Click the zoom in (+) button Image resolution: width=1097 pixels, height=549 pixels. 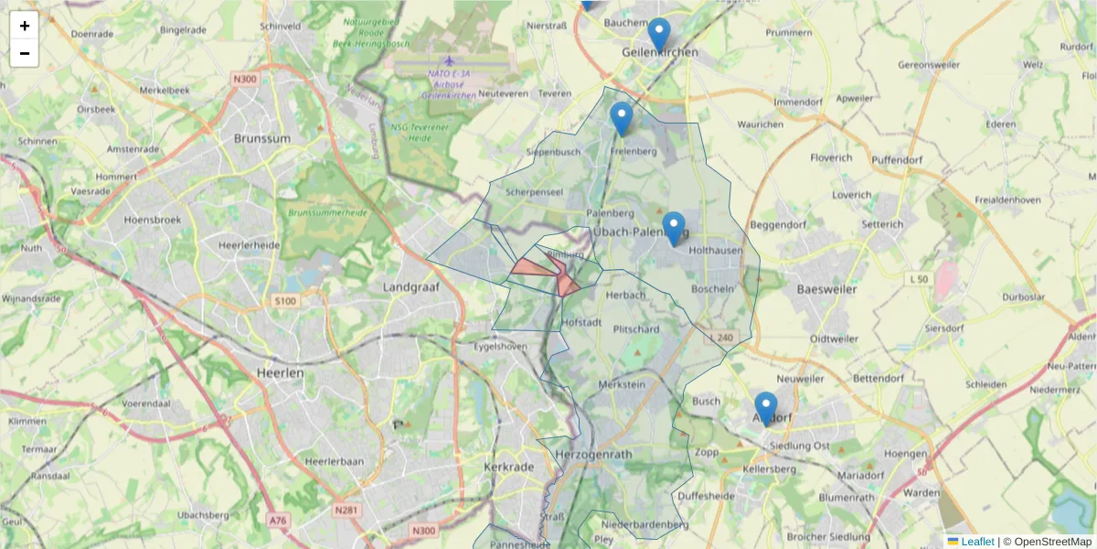point(25,26)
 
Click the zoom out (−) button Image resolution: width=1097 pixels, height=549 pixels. point(25,53)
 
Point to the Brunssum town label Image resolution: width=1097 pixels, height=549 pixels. point(261,139)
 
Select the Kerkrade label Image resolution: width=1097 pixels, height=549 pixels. point(506,467)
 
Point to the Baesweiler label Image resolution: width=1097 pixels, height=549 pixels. point(826,289)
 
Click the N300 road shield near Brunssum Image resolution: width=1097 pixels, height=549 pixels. point(245,80)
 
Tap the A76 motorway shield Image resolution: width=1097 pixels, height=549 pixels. point(278,520)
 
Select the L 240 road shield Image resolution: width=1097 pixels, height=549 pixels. point(722,338)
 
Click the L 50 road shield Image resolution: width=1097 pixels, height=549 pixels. point(919,277)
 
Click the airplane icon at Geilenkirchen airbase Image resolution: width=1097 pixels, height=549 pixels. point(449,61)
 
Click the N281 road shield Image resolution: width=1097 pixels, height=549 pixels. point(346,510)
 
